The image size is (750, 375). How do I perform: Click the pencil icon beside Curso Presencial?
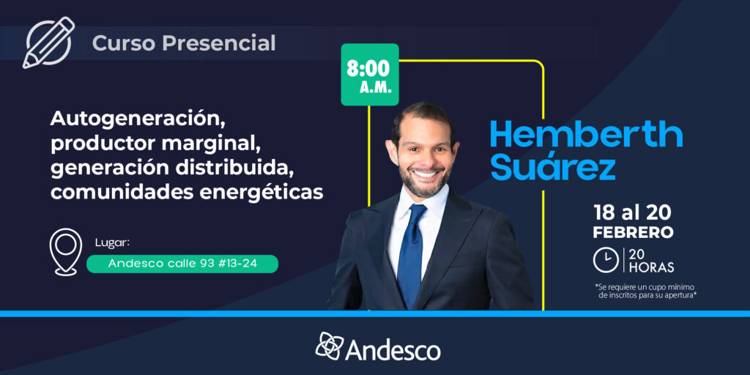pos(48,42)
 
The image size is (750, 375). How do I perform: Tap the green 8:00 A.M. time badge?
pos(369,75)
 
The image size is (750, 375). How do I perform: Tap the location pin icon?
pos(65,252)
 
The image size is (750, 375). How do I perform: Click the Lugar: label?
pos(112,243)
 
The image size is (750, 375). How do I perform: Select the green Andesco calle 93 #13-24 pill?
pos(182,264)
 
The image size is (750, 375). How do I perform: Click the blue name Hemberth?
pos(586,135)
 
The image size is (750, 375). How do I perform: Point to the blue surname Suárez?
pos(553,167)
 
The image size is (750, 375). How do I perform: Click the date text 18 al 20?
pos(633,212)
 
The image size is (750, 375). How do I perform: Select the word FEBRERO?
pos(633,232)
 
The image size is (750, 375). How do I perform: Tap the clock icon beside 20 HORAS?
pos(606,261)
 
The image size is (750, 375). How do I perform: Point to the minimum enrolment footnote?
pos(645,291)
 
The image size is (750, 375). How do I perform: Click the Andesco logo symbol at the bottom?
pos(329,346)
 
